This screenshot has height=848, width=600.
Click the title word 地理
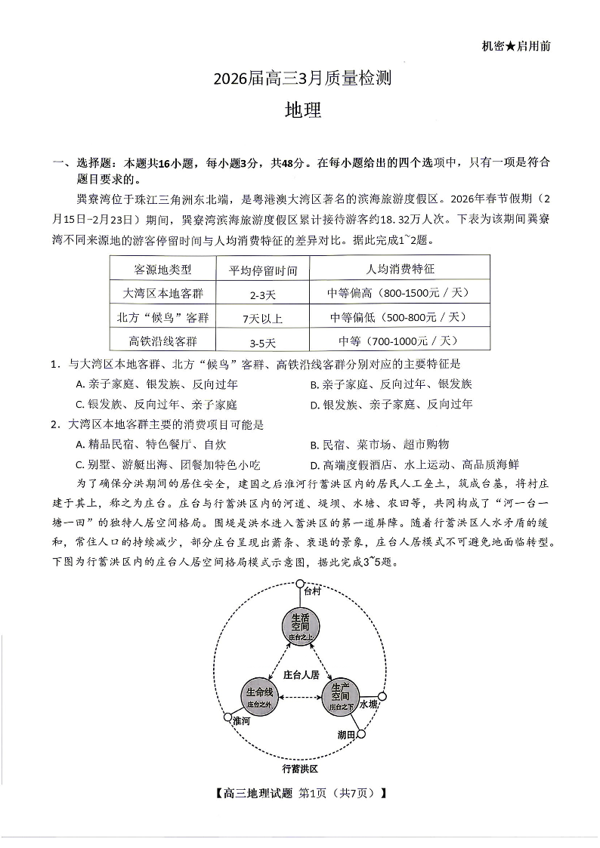click(x=302, y=110)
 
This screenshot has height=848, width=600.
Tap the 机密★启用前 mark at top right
click(x=515, y=46)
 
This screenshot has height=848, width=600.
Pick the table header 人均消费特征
click(x=400, y=269)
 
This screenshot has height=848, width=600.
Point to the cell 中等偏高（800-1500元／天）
click(x=400, y=293)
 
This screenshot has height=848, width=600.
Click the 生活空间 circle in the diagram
click(x=299, y=626)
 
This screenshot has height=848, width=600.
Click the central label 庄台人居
click(x=301, y=674)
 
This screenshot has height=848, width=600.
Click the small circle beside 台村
click(x=300, y=584)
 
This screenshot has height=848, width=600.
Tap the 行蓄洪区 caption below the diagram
click(x=300, y=769)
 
